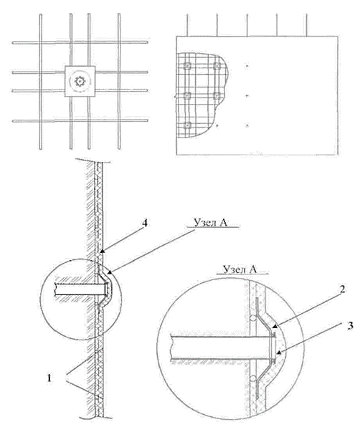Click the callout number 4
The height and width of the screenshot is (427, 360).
(x=145, y=224)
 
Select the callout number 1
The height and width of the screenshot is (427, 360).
(x=49, y=378)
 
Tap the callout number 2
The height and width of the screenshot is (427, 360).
(x=342, y=289)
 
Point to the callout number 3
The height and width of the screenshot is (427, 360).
(x=350, y=326)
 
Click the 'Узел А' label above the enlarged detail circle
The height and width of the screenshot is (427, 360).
(x=240, y=269)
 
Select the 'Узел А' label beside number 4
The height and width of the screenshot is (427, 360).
(x=210, y=222)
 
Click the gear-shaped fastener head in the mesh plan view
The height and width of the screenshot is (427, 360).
(x=80, y=81)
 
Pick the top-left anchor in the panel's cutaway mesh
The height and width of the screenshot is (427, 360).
(x=187, y=66)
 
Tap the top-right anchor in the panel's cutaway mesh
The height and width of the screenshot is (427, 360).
(x=217, y=66)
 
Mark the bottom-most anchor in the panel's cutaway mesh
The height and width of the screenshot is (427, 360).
(x=187, y=125)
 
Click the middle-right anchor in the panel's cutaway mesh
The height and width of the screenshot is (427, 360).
(x=217, y=95)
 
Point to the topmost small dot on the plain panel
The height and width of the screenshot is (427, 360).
(x=247, y=66)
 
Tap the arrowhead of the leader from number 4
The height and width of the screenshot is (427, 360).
(x=103, y=251)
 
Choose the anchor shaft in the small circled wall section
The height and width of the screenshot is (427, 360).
(x=81, y=289)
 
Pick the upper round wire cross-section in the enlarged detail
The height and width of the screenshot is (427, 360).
(x=253, y=318)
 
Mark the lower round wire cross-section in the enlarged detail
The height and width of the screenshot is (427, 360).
(x=253, y=378)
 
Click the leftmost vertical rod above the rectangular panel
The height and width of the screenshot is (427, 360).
(x=187, y=25)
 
